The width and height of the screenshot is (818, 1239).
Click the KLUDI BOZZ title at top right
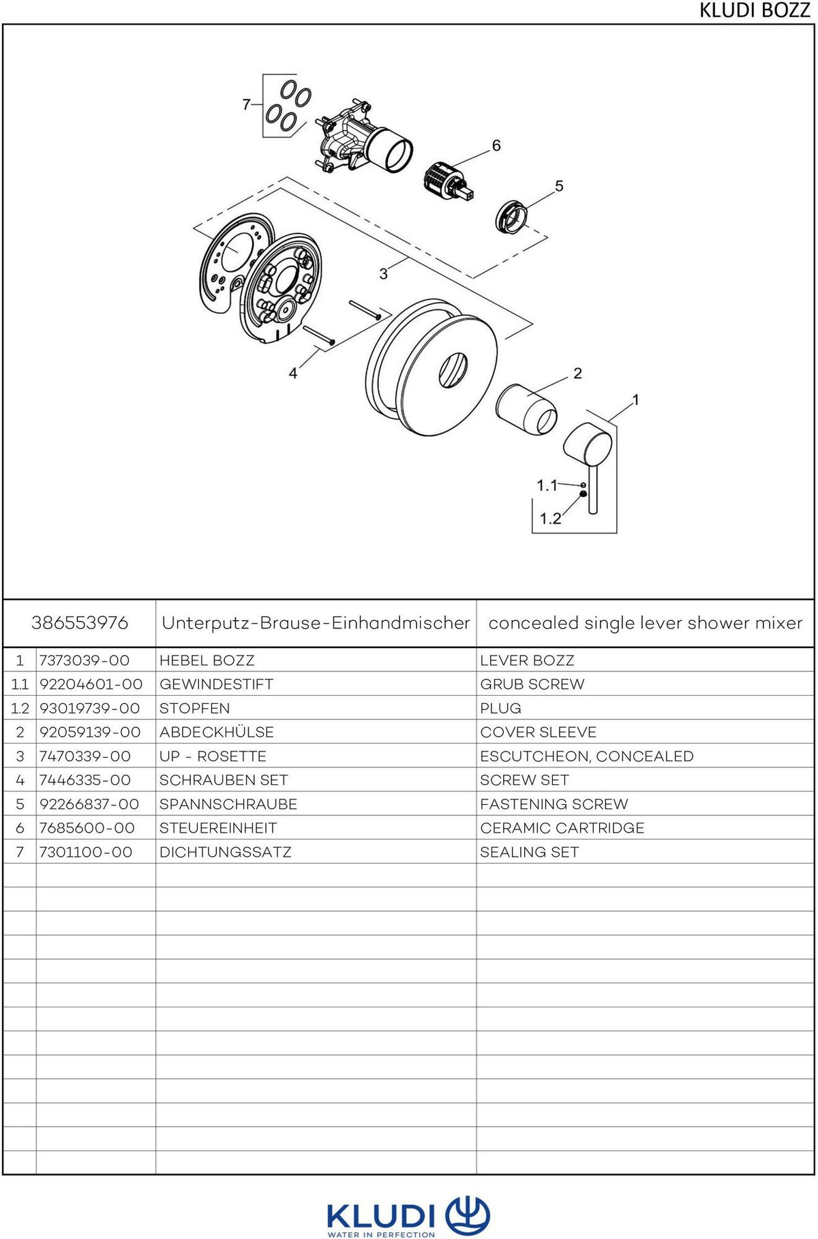coord(755,11)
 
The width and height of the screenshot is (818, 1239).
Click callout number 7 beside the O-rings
coord(247,104)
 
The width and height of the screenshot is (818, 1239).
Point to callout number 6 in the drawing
coord(496,145)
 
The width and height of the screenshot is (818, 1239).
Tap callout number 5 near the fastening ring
coord(559,185)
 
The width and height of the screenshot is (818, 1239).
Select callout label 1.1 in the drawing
coord(547,485)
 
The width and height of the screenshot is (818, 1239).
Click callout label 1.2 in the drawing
coord(550,519)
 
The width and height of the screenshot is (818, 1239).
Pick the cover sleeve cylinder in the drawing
coord(526,409)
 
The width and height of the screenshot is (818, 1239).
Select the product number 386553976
coord(80,623)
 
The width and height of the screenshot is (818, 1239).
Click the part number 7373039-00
coord(85,660)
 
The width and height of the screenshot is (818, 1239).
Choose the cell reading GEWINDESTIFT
coord(216,684)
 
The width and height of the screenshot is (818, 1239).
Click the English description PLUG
coord(500,708)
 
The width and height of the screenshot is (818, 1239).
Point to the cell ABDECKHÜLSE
coord(217,732)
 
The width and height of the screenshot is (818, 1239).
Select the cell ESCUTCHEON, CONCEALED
coord(587,756)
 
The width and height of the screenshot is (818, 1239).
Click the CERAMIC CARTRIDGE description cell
coord(562,828)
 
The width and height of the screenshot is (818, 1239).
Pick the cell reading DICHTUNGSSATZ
coord(225,852)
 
